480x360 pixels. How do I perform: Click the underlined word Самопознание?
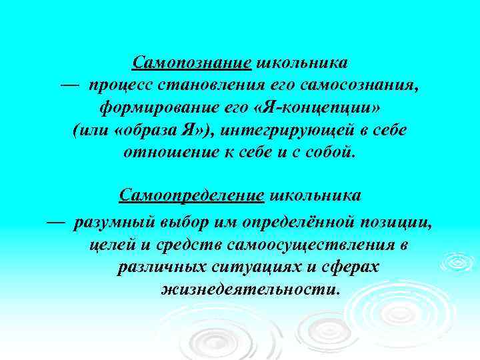pyautogui.click(x=191, y=63)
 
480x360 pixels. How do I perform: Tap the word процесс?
pyautogui.click(x=119, y=85)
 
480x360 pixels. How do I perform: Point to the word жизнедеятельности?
pyautogui.click(x=250, y=290)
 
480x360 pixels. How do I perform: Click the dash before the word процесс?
pyautogui.click(x=68, y=85)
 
